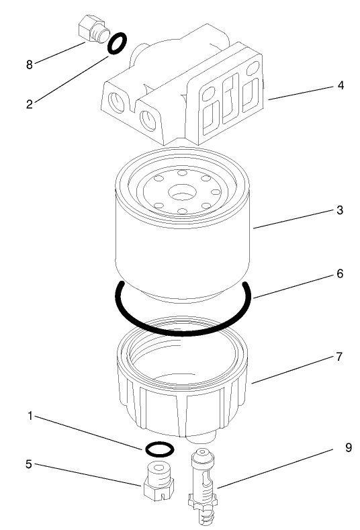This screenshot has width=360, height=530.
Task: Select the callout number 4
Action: [341, 85]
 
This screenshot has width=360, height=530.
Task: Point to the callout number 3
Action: [341, 210]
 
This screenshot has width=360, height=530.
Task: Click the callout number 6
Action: [341, 274]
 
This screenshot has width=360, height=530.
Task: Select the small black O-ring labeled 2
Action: [117, 44]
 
